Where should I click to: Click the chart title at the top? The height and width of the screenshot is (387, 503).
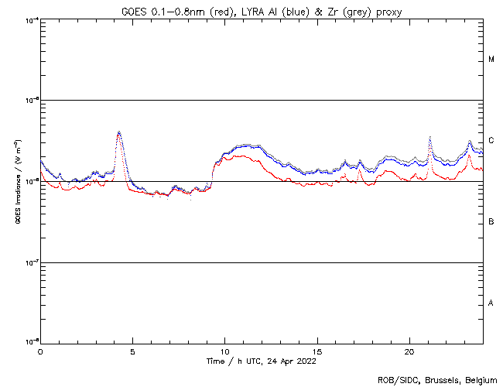[262, 11]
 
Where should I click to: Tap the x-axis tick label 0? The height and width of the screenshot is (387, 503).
[40, 351]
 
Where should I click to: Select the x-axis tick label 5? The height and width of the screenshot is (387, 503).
[132, 351]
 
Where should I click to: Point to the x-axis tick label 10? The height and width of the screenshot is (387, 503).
[224, 351]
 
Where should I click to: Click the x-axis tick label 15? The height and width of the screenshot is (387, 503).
[317, 351]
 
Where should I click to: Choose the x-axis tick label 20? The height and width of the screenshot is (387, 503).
[409, 351]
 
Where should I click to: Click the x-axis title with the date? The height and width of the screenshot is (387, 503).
[261, 361]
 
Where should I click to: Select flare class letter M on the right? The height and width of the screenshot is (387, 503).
[491, 60]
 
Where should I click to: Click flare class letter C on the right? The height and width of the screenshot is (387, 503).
[491, 141]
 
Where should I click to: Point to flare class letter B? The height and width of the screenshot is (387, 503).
[491, 222]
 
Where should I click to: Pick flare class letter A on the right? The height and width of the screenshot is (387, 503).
[491, 303]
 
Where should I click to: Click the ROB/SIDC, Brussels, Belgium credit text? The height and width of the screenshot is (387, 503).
[437, 379]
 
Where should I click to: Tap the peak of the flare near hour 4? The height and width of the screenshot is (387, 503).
[118, 132]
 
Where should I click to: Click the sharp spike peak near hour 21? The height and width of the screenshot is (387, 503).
[429, 137]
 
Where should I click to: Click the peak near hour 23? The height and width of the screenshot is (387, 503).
[470, 141]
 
